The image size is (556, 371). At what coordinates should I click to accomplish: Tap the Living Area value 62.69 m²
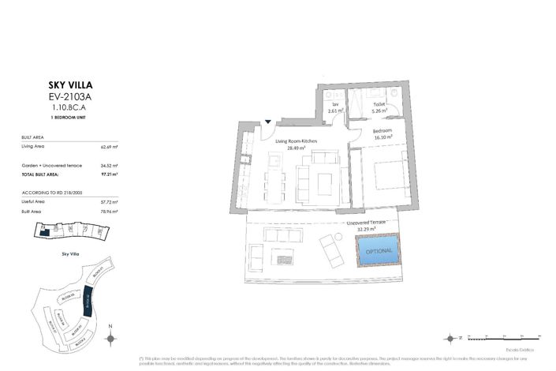tap(109, 146)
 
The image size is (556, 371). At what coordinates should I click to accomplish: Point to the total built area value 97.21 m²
tap(109, 173)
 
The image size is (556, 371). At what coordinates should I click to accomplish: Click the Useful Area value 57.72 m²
tap(109, 202)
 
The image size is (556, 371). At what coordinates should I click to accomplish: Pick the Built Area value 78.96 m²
tap(109, 211)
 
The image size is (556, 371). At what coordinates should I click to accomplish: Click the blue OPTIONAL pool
tap(379, 251)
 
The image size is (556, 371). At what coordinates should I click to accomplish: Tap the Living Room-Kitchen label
tap(297, 141)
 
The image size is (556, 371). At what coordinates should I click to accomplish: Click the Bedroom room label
tap(383, 130)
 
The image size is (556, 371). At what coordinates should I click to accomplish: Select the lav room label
tap(334, 103)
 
